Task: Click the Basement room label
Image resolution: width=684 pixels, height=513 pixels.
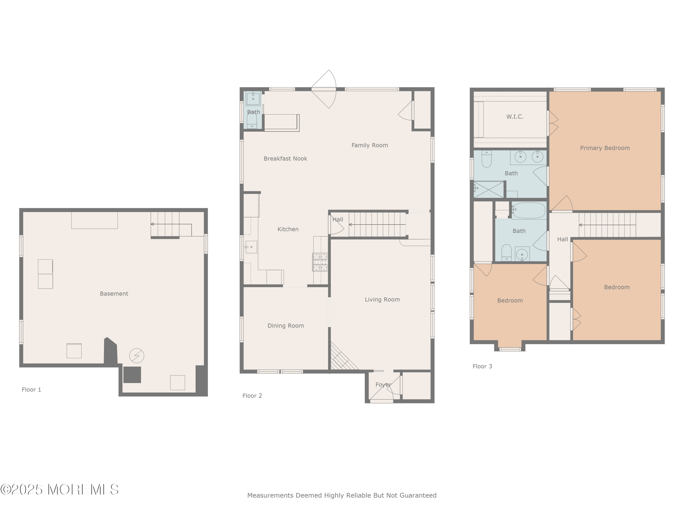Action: pos(114,294)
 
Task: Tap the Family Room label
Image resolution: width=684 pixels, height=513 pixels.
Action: pos(370,145)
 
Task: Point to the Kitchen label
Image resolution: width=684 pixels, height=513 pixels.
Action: pos(288,229)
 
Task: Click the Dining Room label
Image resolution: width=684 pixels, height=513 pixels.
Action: pos(286,326)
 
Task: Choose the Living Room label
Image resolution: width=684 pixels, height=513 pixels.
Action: pos(382,299)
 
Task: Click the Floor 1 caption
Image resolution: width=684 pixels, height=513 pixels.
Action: pos(31,390)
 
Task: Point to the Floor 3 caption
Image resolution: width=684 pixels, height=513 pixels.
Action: pos(482,366)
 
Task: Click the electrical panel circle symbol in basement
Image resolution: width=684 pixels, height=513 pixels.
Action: pos(137,356)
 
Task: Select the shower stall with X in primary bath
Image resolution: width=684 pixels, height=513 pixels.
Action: pos(489,189)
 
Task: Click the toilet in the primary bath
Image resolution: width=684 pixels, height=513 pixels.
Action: pos(486,159)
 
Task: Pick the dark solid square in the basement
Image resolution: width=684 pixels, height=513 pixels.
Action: pos(132,375)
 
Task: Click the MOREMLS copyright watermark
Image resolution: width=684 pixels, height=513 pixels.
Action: pos(59,490)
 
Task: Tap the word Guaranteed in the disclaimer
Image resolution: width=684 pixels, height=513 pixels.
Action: pos(418,495)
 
